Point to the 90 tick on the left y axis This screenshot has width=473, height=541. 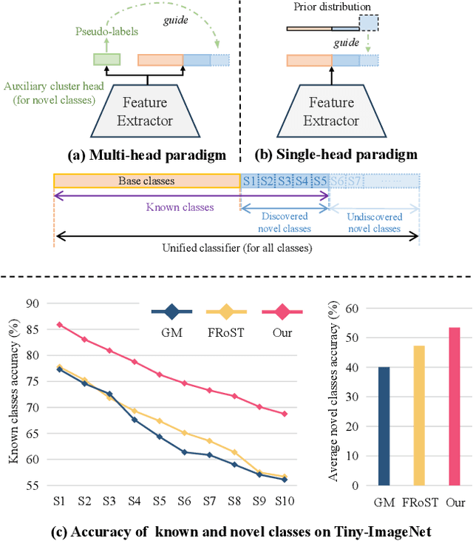click(x=32, y=302)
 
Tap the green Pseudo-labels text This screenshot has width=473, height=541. click(x=101, y=32)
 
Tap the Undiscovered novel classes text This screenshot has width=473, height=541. click(x=374, y=223)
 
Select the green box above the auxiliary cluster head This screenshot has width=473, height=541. click(x=106, y=60)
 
